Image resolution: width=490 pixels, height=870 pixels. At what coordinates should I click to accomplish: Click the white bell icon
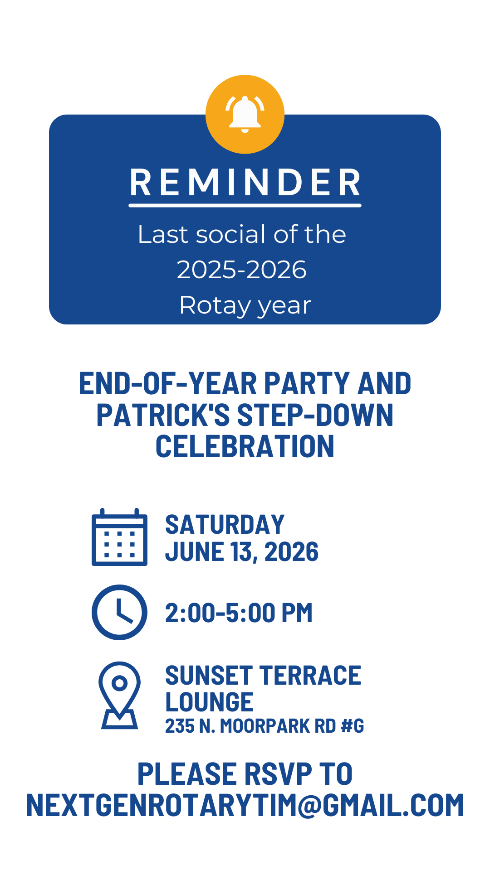click(245, 114)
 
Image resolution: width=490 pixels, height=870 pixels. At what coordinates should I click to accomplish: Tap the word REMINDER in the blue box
click(245, 183)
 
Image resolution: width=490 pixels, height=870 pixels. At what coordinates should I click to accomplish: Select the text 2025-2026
click(242, 270)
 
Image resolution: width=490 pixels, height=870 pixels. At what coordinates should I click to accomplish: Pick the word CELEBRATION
click(245, 446)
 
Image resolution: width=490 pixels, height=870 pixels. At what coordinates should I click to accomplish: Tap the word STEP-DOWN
click(315, 415)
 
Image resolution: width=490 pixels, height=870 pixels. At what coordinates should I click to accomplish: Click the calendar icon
click(119, 537)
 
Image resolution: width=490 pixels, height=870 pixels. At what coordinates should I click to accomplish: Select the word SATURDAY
click(225, 525)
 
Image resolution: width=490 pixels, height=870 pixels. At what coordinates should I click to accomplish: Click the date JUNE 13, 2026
click(242, 552)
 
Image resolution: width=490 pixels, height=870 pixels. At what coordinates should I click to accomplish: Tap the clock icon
click(119, 612)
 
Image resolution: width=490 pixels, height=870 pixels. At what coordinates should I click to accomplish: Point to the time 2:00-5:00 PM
click(239, 613)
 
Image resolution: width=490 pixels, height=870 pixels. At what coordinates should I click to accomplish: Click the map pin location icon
click(119, 695)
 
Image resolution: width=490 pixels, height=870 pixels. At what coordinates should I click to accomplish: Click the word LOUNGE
click(209, 702)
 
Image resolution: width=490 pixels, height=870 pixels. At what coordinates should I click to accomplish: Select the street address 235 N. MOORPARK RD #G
click(265, 726)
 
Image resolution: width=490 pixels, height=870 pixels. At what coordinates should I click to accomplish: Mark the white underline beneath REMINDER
click(245, 205)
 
